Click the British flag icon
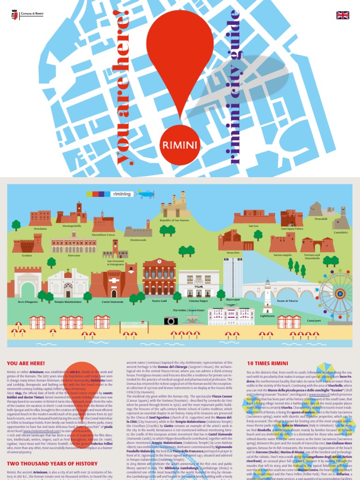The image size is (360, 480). (343, 15)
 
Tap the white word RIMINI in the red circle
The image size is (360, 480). (180, 144)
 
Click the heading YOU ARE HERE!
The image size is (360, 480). (26, 363)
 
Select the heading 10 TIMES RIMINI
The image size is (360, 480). (267, 363)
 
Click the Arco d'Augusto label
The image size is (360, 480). (28, 302)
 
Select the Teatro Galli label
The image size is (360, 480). (159, 300)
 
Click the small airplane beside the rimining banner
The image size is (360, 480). (146, 193)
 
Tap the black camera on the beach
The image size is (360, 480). (171, 321)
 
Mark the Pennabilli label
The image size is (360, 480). (321, 219)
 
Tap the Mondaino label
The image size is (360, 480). (40, 229)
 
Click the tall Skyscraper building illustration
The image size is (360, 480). (232, 277)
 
